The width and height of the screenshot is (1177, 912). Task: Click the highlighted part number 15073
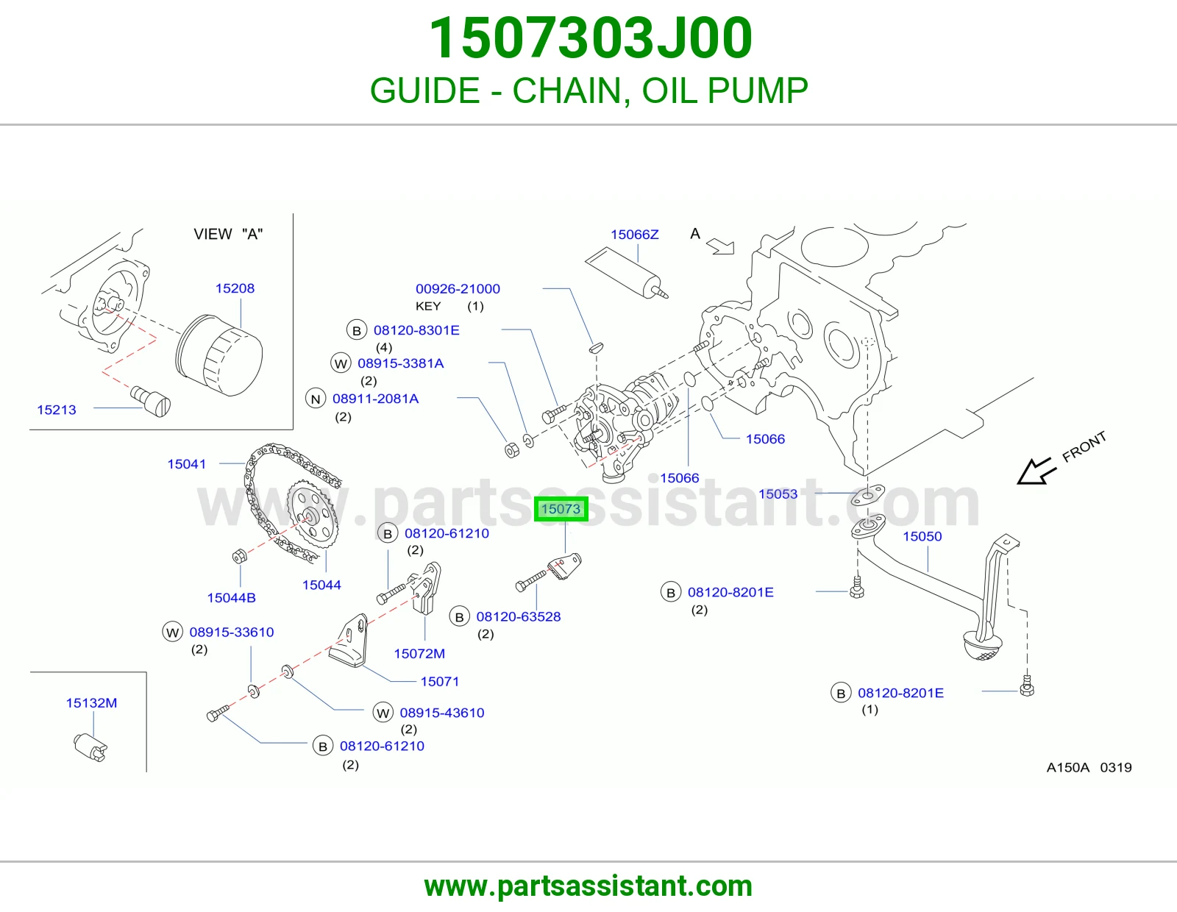tap(561, 509)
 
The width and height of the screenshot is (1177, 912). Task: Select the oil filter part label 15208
tap(235, 288)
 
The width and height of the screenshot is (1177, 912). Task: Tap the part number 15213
tap(57, 410)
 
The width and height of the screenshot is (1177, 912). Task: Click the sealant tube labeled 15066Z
tap(627, 274)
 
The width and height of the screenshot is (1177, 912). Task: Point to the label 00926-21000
tap(458, 288)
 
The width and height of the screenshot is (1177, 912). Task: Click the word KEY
tap(428, 307)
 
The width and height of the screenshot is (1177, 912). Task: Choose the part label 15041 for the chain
tap(186, 464)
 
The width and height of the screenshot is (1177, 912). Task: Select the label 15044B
tap(231, 598)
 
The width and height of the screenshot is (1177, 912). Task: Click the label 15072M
tap(419, 654)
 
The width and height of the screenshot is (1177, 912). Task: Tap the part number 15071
tap(440, 681)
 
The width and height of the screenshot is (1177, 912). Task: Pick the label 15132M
tap(91, 703)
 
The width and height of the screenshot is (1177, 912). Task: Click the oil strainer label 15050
tap(922, 536)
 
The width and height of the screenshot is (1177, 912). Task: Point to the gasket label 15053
tap(778, 494)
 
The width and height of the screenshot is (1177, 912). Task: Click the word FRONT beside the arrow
tap(1084, 447)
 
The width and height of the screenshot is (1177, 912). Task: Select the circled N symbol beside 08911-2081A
tap(316, 399)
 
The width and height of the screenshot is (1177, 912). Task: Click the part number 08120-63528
tap(519, 616)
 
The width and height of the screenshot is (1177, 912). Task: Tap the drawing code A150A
tap(1067, 767)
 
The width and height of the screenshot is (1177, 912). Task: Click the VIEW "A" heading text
tap(228, 234)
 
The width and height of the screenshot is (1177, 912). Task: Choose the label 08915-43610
tap(442, 713)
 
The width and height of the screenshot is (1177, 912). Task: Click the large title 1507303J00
tap(591, 38)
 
